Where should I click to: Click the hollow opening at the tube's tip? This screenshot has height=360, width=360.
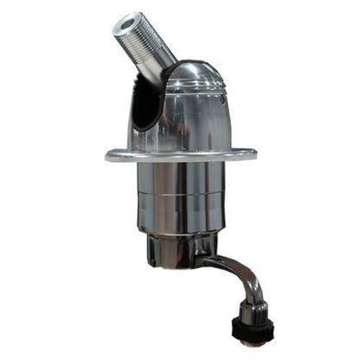[x=132, y=20]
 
